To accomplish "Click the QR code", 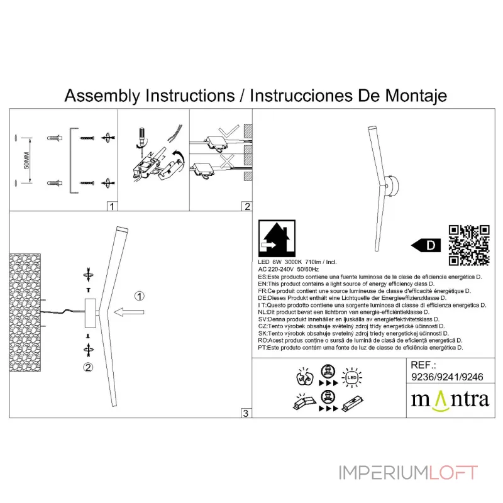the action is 468,245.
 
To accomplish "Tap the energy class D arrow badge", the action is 426,245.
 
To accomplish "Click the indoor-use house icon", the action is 277,238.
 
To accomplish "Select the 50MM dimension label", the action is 26,160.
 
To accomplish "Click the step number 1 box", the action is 112,206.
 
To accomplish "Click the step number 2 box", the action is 246,206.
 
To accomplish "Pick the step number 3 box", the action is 246,413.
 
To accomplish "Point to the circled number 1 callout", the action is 139,296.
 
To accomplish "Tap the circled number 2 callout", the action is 88,367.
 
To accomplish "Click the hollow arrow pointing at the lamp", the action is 129,312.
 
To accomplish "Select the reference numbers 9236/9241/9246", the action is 447,377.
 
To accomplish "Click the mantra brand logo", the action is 450,400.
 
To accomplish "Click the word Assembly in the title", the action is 102,96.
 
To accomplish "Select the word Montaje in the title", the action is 416,96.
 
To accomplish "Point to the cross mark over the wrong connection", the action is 227,161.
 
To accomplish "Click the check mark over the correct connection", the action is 229,131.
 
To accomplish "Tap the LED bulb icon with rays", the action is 352,377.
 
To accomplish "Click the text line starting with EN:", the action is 346,284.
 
